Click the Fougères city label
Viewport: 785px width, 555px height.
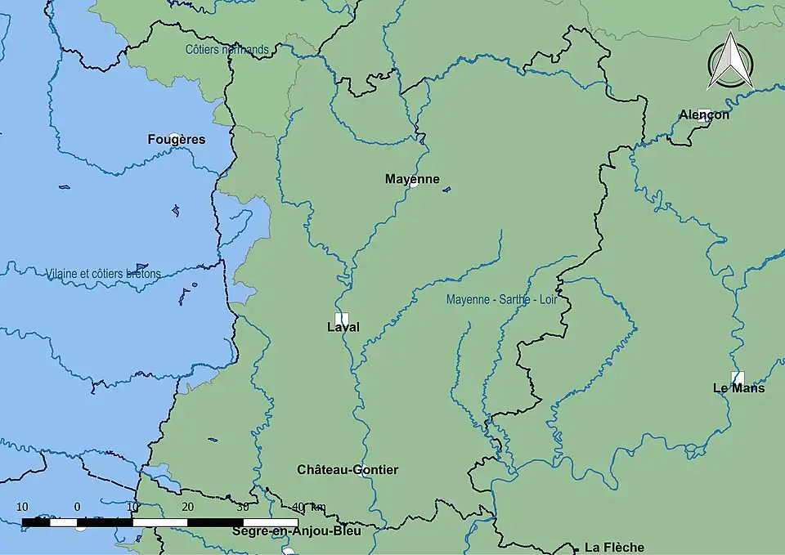176,140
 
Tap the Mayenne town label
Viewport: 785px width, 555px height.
412,179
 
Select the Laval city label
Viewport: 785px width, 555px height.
343,328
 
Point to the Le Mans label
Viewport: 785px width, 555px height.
738,388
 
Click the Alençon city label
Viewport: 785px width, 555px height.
704,115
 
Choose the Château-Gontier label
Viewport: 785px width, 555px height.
348,470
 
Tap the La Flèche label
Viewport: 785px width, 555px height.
614,548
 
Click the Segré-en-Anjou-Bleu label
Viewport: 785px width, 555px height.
296,530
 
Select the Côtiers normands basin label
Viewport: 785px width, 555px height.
227,50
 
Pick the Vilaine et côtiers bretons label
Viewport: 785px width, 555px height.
103,274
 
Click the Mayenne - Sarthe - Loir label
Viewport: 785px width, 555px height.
501,300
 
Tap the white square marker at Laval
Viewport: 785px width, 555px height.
342,317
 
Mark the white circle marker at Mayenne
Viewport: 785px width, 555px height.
413,183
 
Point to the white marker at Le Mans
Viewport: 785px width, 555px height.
738,378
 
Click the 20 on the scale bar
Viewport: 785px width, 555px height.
187,507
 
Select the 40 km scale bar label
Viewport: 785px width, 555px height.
308,507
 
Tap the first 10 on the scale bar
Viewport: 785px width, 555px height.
22,507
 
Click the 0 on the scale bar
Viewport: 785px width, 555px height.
77,507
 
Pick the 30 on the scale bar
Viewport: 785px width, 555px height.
242,507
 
